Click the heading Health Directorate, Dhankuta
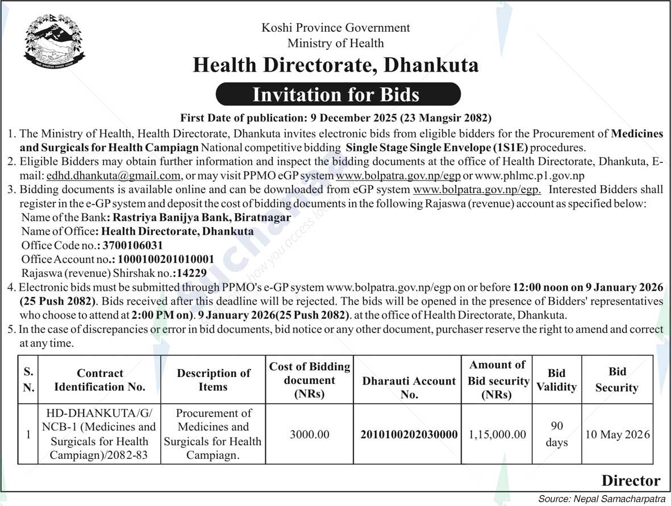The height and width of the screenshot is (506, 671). tap(335, 65)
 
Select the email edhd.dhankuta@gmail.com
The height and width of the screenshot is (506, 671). tap(114, 175)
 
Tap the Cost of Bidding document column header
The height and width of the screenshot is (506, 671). tap(310, 380)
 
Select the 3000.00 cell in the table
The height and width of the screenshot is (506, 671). tap(310, 434)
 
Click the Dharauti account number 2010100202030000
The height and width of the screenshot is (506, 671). tap(409, 434)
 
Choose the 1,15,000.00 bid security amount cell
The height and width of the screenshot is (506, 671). tap(498, 434)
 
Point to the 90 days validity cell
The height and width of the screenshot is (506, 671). tap(556, 434)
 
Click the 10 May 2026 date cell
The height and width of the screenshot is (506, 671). tap(617, 435)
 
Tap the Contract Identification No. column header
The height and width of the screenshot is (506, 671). tap(100, 380)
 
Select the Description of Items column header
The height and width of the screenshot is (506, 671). tap(214, 380)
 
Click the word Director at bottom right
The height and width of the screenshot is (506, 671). tap(631, 481)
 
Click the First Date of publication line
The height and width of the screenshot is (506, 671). tap(336, 118)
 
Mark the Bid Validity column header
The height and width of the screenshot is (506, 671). tap(556, 380)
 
